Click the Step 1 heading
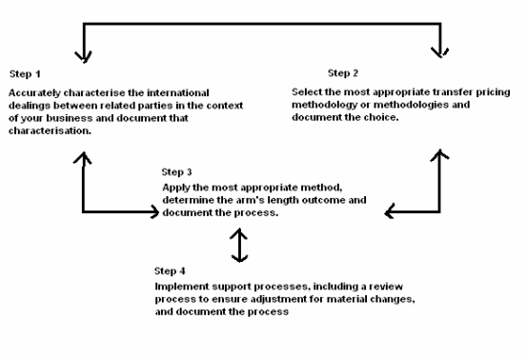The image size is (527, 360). pos(25,74)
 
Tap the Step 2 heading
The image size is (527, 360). pos(343,73)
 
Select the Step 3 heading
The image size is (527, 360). pos(176,172)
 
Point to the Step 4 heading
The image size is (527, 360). pos(170,271)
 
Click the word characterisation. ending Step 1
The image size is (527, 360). pos(50,131)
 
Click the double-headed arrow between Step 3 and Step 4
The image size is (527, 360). pos(239,245)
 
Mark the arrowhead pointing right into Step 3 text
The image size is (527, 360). pos(154,211)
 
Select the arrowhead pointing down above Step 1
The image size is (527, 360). pos(83,57)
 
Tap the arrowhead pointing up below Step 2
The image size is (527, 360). pos(439,155)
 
